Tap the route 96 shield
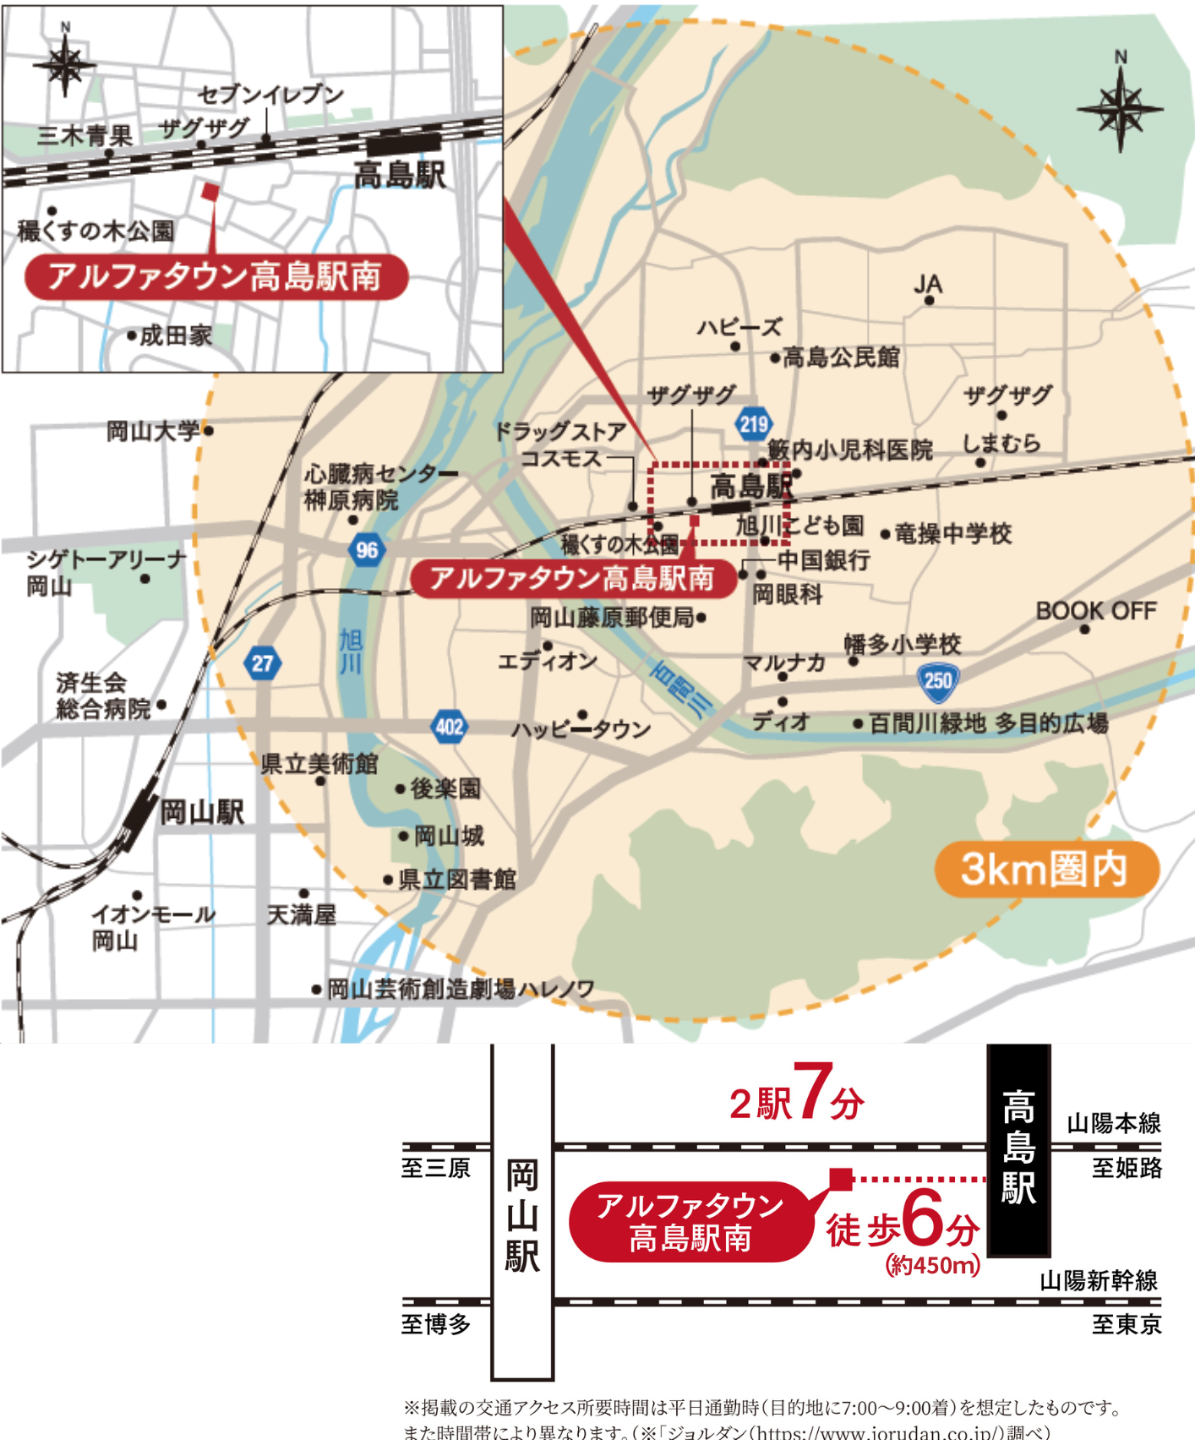pyautogui.click(x=367, y=550)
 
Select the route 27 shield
pyautogui.click(x=262, y=663)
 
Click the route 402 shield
pyautogui.click(x=448, y=727)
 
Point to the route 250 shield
pyautogui.click(x=938, y=681)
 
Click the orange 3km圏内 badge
pyautogui.click(x=1045, y=869)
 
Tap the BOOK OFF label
pyautogui.click(x=1095, y=610)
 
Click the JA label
pyautogui.click(x=928, y=285)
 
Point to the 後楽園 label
pyautogui.click(x=445, y=788)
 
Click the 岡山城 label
pyautogui.click(x=449, y=836)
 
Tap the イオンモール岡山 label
pyautogui.click(x=152, y=927)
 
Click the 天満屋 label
pyautogui.click(x=302, y=914)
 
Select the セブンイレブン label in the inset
pyautogui.click(x=270, y=95)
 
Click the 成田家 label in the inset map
pyautogui.click(x=176, y=335)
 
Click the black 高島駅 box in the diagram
pyautogui.click(x=1018, y=1149)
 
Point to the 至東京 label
pyautogui.click(x=1126, y=1324)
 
